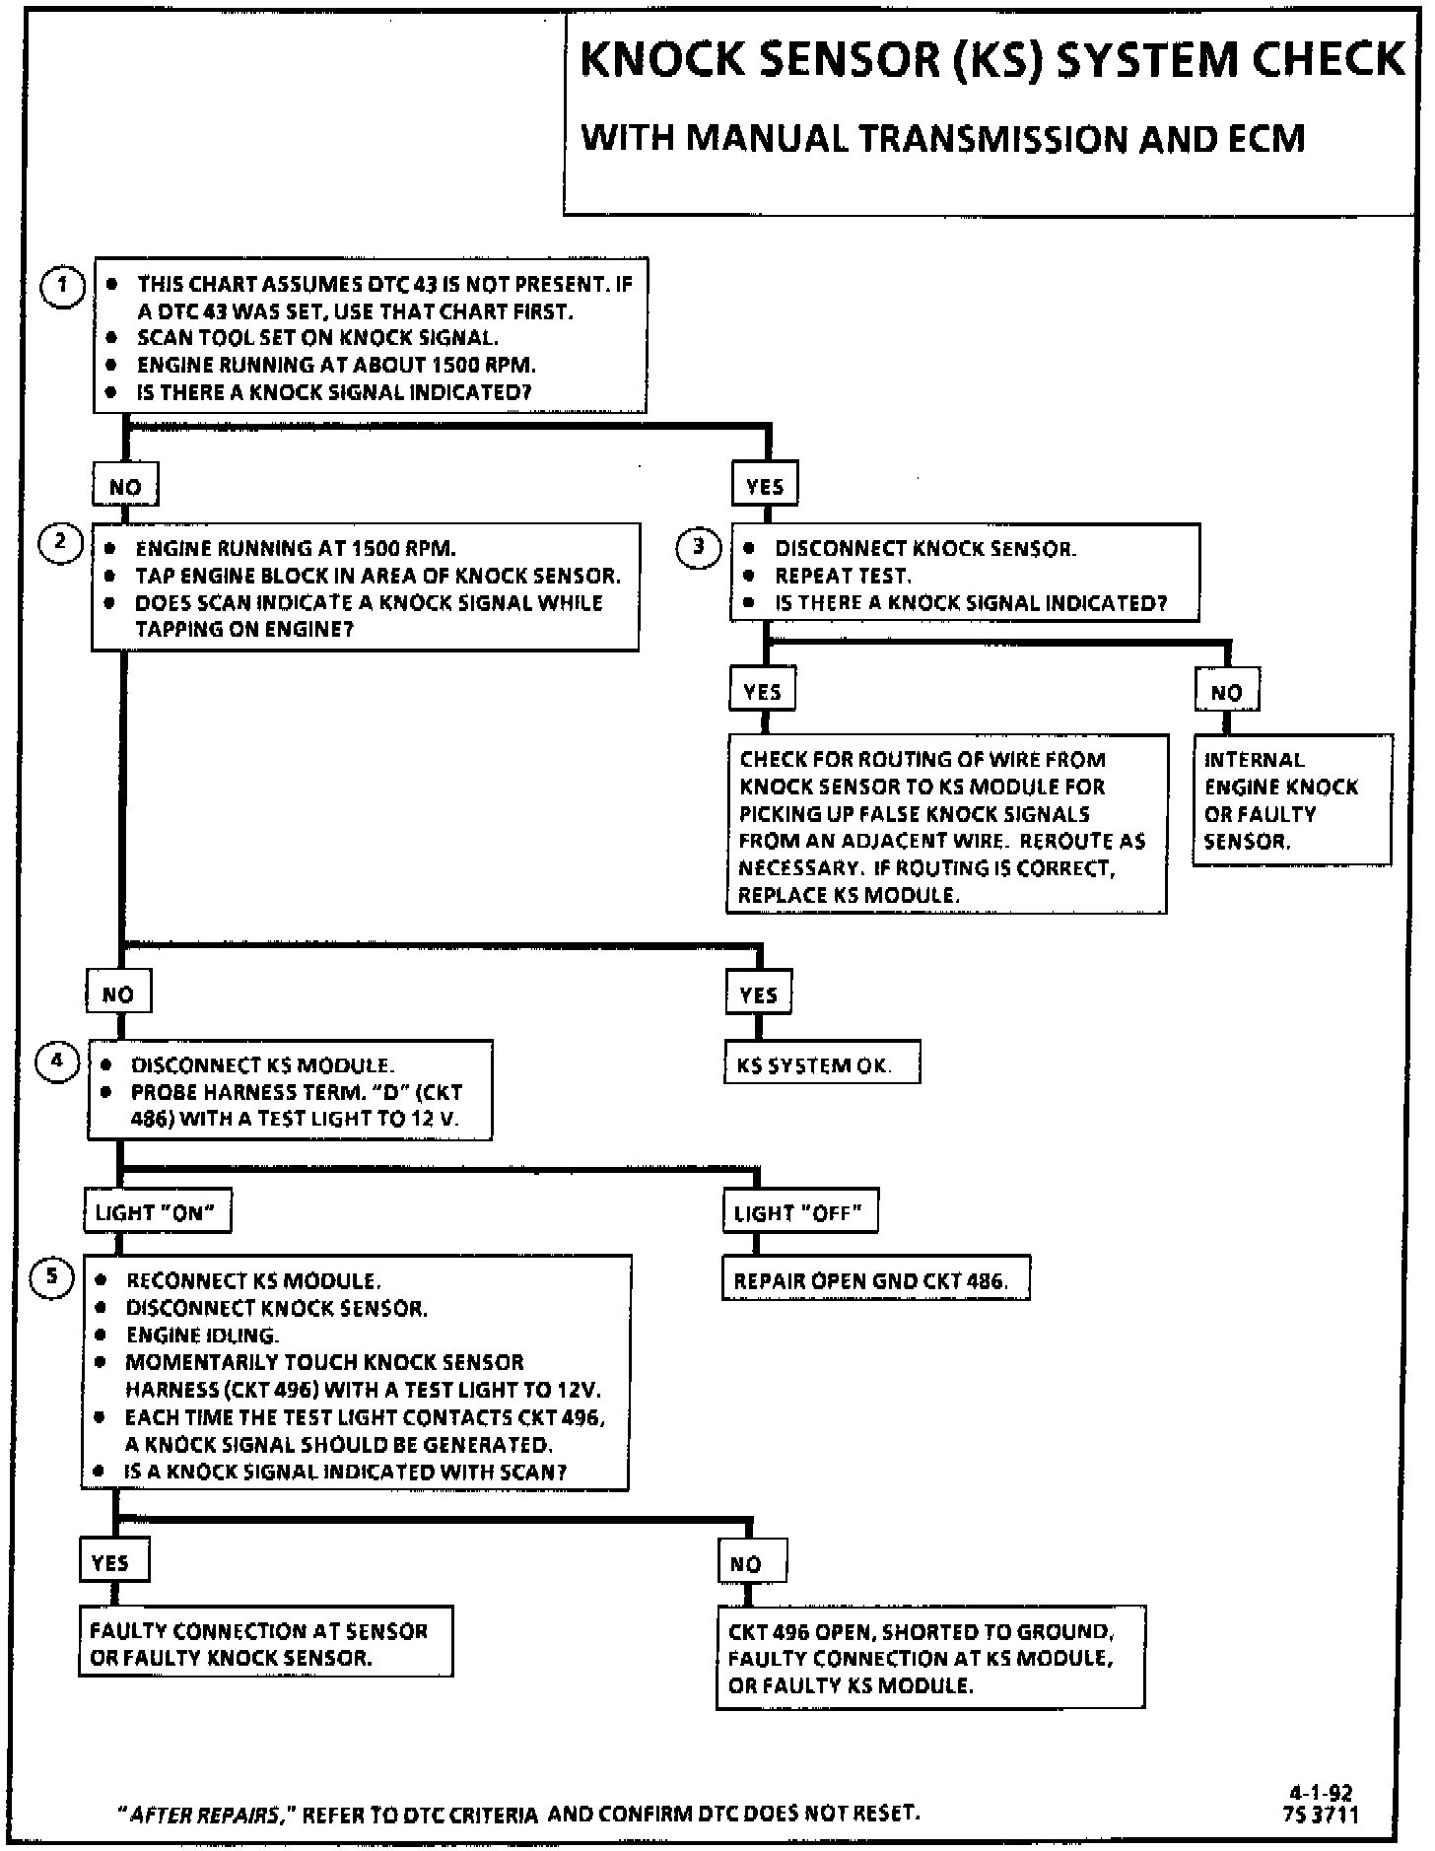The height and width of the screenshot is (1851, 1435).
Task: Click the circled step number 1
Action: coord(62,286)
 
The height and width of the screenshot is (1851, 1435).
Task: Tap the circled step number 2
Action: coord(60,542)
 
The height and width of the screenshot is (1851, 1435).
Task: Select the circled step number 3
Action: coord(698,546)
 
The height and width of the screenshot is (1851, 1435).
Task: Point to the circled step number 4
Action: coord(56,1062)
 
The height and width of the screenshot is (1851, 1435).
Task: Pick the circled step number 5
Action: coord(52,1277)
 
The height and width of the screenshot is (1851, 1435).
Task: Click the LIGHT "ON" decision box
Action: coord(157,1212)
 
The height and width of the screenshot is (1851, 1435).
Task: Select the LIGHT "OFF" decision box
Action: coord(799,1212)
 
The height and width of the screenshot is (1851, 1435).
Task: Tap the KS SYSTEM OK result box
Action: coord(822,1064)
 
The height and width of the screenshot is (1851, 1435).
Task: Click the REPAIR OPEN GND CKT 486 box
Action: coord(875,1280)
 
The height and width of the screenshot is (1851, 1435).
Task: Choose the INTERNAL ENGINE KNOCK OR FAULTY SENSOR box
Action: coord(1292,800)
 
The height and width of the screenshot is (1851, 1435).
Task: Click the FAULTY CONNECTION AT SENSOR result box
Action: coord(265,1644)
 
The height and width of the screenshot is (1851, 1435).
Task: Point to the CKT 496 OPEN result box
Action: coord(929,1658)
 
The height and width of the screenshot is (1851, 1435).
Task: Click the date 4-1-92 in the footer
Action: coord(1322,1793)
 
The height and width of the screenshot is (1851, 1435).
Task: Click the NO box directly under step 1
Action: coord(125,486)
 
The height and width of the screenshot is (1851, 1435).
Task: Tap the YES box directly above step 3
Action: coord(765,486)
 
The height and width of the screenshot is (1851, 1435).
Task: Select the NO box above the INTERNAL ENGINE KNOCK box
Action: coord(1226,692)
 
